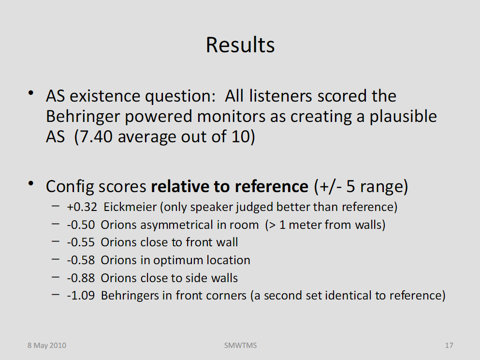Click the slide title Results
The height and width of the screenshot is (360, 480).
240,45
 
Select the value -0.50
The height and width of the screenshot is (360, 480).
81,225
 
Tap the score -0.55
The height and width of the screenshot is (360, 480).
81,242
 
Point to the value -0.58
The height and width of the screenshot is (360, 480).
81,260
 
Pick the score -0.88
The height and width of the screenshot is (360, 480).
81,278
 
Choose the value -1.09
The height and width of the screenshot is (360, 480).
81,295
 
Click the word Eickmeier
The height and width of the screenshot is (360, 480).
130,207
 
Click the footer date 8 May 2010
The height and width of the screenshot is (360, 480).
47,345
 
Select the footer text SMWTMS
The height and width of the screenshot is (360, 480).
240,345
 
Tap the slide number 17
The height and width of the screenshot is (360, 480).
449,345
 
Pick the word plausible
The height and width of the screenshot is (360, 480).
403,117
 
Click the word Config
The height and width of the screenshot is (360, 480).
70,187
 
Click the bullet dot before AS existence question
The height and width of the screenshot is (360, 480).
30,93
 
